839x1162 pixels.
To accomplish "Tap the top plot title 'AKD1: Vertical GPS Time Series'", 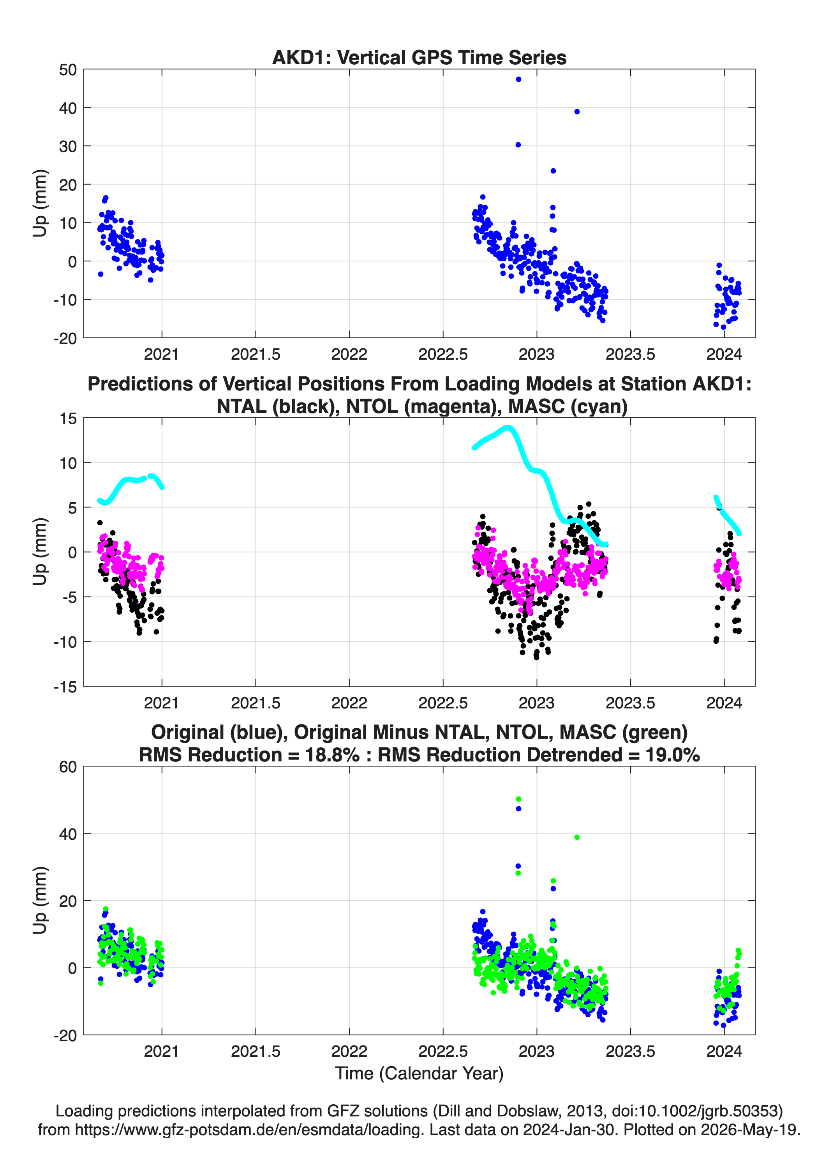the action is [x=419, y=57].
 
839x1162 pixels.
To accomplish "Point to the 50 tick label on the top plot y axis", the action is [x=68, y=70].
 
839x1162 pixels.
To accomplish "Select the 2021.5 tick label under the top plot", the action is [x=256, y=354].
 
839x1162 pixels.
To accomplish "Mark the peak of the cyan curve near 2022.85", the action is [x=508, y=427].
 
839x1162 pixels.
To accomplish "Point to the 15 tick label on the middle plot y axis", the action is [x=68, y=419].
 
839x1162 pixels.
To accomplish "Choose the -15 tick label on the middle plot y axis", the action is [x=65, y=687].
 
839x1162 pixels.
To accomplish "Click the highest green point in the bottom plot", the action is [x=518, y=799].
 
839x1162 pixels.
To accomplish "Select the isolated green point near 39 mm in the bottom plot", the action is [x=577, y=837].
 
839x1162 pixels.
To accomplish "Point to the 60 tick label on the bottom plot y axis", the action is [x=68, y=767].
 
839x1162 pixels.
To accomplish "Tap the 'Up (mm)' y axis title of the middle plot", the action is [x=40, y=552].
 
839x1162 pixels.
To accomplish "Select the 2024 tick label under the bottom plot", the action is [x=724, y=1051].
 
